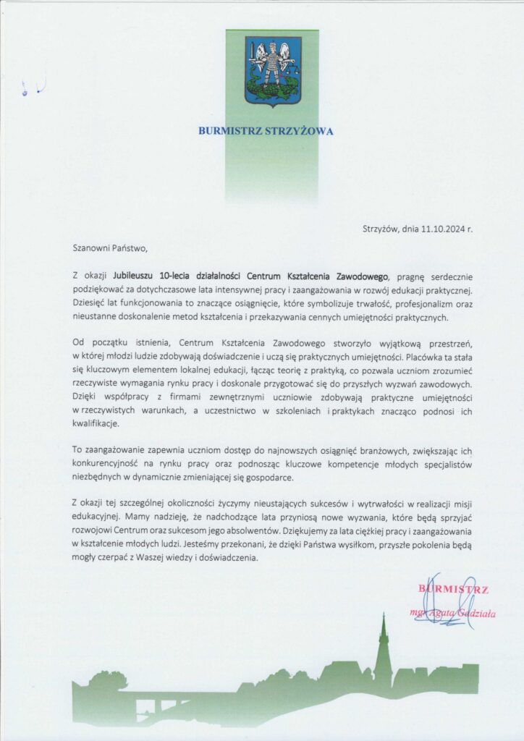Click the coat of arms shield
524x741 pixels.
pos(272,71)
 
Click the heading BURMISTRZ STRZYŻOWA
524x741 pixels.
pos(266,132)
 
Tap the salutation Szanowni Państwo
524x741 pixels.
pos(109,247)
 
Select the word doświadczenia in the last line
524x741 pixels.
pos(216,558)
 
